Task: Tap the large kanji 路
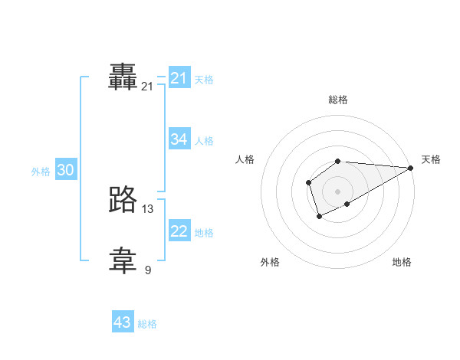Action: pyautogui.click(x=123, y=199)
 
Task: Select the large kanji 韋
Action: pyautogui.click(x=123, y=260)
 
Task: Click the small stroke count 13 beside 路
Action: pyautogui.click(x=148, y=208)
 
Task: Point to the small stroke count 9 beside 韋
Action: pyautogui.click(x=148, y=270)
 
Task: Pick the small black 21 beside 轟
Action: pyautogui.click(x=148, y=87)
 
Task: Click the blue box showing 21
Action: pyautogui.click(x=179, y=78)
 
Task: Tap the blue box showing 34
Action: pyautogui.click(x=179, y=139)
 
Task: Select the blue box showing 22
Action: pyautogui.click(x=179, y=231)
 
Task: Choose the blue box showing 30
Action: pyautogui.click(x=65, y=170)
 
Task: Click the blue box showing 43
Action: pyautogui.click(x=123, y=322)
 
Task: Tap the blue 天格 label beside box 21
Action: pyautogui.click(x=204, y=80)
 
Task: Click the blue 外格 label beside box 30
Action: pyautogui.click(x=41, y=172)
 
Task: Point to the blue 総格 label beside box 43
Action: pyautogui.click(x=147, y=324)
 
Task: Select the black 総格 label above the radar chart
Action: pyautogui.click(x=338, y=100)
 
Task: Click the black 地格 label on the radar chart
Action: pyautogui.click(x=402, y=262)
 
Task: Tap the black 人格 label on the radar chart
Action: pyautogui.click(x=245, y=159)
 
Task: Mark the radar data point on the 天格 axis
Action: pyautogui.click(x=411, y=168)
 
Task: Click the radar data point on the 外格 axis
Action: pyautogui.click(x=319, y=217)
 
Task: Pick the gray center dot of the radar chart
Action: pyautogui.click(x=337, y=191)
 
